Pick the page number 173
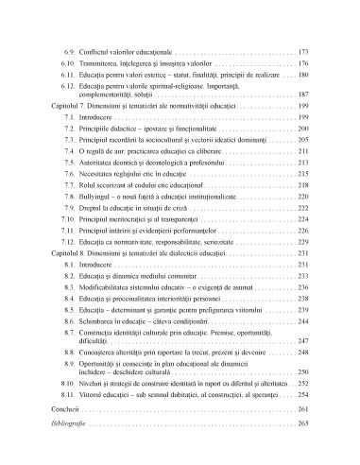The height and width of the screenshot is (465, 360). tap(302, 48)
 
